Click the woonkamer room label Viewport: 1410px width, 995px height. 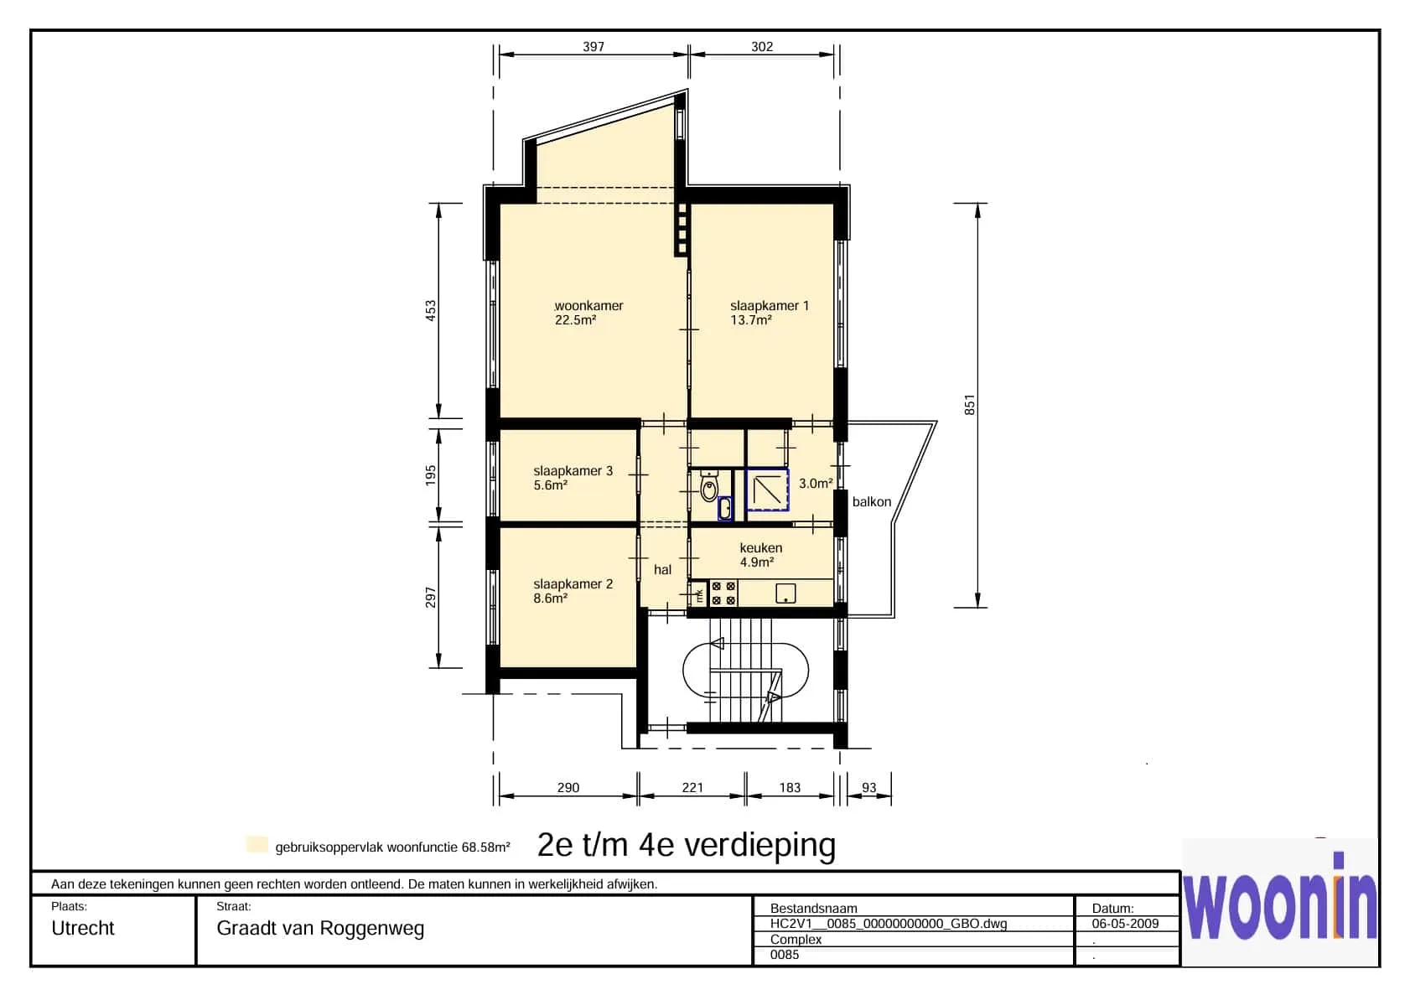point(588,306)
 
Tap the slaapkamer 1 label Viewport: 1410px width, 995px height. point(770,306)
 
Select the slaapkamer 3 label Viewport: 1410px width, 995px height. point(573,471)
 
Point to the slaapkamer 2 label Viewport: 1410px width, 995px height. point(573,584)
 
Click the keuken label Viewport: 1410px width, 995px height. point(761,548)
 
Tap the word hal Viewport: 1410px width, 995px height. point(662,569)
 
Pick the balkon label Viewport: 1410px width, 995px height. point(872,501)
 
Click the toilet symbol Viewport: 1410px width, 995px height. point(709,486)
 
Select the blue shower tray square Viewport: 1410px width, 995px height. point(767,489)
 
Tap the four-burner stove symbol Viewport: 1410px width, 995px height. point(723,593)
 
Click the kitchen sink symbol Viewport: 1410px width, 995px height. point(785,593)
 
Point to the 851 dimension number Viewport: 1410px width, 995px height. point(969,405)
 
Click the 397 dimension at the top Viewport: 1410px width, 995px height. point(593,47)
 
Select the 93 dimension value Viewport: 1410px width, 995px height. point(868,787)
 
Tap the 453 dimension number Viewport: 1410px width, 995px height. point(431,311)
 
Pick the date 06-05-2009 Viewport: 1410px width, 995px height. point(1126,923)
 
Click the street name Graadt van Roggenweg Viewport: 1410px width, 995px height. point(320,928)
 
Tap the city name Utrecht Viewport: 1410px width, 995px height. point(82,928)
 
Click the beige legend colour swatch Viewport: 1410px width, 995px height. point(257,845)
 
